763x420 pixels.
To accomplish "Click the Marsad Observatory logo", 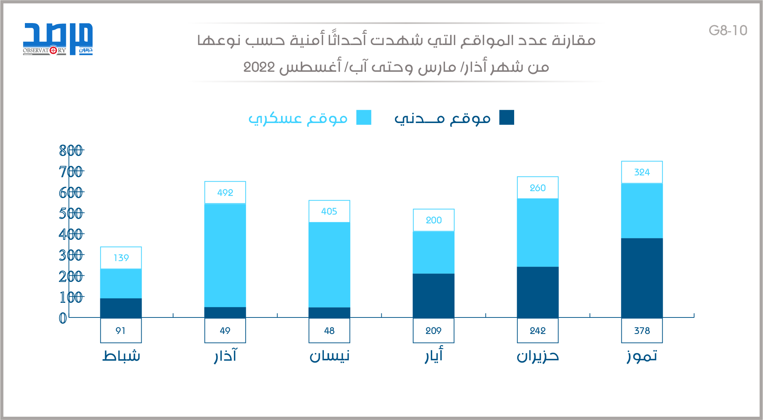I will [x=58, y=39].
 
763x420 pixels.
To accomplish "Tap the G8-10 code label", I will [x=728, y=30].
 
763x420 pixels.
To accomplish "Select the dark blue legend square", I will [x=506, y=117].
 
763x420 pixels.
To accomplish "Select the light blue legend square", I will [x=364, y=117].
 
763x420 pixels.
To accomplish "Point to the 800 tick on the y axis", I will [x=71, y=150].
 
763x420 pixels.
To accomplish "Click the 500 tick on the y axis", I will [x=71, y=213].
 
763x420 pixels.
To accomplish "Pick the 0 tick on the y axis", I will [x=63, y=318].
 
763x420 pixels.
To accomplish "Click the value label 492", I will [x=225, y=193].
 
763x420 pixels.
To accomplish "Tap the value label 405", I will [x=329, y=211].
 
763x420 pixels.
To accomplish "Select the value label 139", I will [x=121, y=258].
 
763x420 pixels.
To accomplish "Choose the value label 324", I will [x=642, y=172].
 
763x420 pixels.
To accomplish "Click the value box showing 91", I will [x=121, y=331].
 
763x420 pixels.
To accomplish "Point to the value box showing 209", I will [x=434, y=331].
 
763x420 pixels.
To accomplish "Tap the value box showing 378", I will [x=642, y=331].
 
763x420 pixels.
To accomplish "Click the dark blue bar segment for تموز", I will [x=642, y=278].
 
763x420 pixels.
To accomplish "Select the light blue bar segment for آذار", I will [x=225, y=255].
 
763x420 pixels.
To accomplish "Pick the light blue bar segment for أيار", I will [x=434, y=252].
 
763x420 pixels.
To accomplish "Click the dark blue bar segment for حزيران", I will [x=538, y=292].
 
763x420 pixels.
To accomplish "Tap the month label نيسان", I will [x=329, y=356].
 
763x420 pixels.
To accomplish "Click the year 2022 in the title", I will [x=259, y=67].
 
